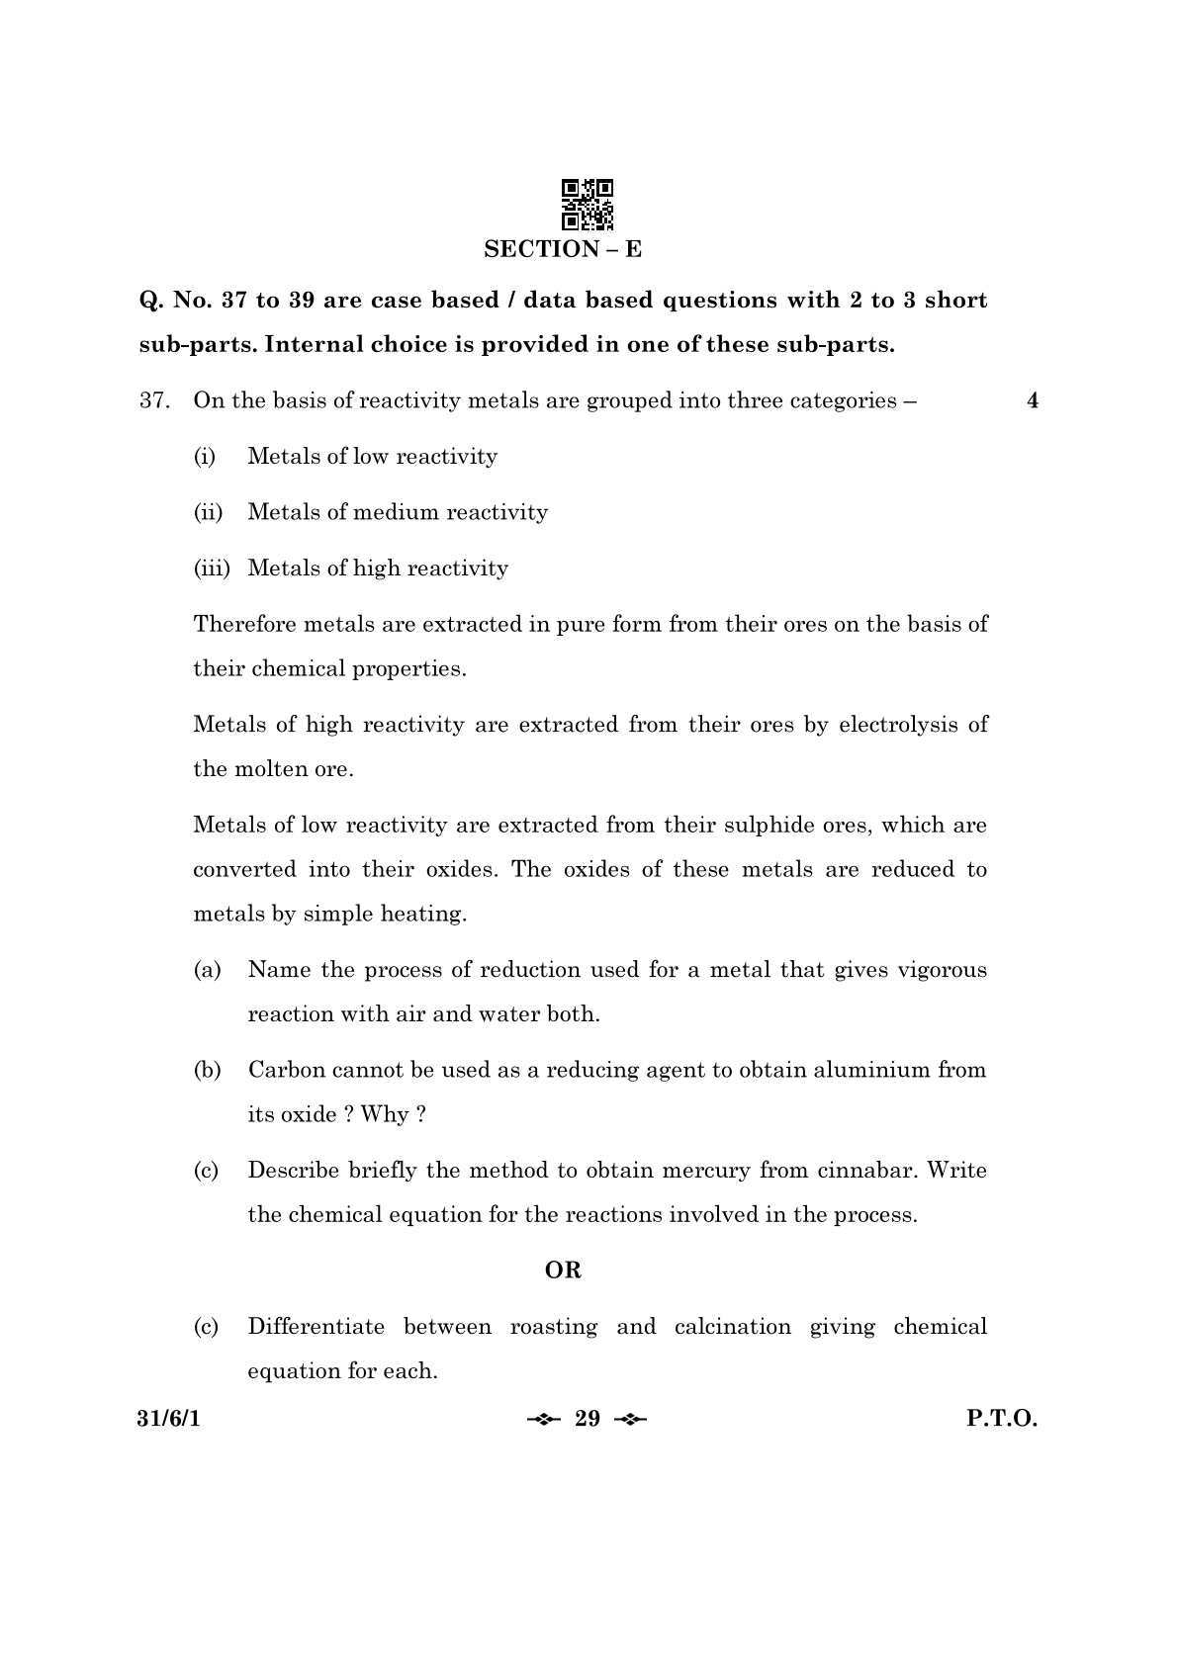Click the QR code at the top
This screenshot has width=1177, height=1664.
coord(587,205)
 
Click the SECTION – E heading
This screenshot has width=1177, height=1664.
coord(563,249)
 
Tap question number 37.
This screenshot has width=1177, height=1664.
coord(154,401)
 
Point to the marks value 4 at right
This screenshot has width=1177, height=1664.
coord(1033,401)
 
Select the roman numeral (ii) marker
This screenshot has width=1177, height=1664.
coord(208,512)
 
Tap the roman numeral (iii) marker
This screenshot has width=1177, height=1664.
coord(211,569)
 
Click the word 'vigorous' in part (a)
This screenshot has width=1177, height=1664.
coord(942,970)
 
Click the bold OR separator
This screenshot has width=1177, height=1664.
coord(563,1270)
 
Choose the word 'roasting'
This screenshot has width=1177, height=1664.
coord(553,1327)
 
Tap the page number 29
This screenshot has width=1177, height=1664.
coord(588,1420)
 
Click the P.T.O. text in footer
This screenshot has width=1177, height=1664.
coord(1001,1420)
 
